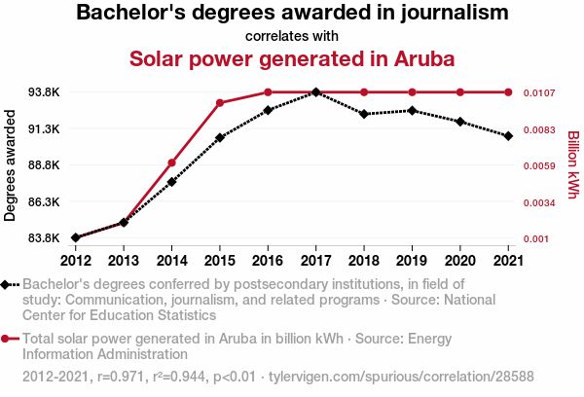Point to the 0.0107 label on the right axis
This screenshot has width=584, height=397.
(539, 92)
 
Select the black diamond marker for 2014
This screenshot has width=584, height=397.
(171, 182)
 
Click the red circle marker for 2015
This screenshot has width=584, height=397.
(220, 103)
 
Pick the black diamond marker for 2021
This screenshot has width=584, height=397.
(508, 136)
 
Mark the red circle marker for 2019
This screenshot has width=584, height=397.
(412, 92)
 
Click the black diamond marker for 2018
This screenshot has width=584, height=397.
(363, 114)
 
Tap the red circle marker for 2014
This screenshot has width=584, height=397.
(171, 162)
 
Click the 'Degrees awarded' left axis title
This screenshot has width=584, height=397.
(11, 165)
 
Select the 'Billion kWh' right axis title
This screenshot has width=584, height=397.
(572, 165)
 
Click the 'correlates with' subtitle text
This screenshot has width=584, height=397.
(292, 36)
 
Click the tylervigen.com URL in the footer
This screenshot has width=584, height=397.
(401, 376)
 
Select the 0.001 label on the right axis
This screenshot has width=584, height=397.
(536, 238)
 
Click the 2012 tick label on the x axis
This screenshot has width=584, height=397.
(76, 260)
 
